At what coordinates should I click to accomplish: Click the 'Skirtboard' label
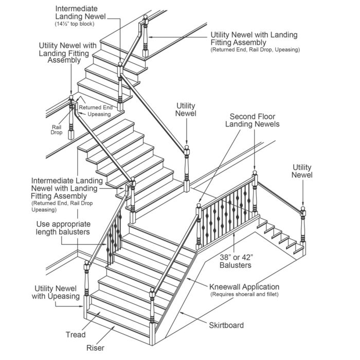coord(226,325)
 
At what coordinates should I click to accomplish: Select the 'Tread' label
coord(76,335)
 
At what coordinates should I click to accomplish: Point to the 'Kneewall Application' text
coord(244,286)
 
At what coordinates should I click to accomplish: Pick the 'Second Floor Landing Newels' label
coord(255,120)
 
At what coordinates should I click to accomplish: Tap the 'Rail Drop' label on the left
coord(57,130)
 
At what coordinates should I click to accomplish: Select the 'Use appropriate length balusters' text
coord(64,228)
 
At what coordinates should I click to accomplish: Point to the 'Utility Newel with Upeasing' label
coord(57,292)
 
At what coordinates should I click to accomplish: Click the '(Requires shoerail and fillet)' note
coord(244,295)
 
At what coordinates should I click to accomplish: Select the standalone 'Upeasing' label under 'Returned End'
coord(99,114)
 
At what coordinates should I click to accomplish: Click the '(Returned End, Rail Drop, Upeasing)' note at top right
coord(255,49)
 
